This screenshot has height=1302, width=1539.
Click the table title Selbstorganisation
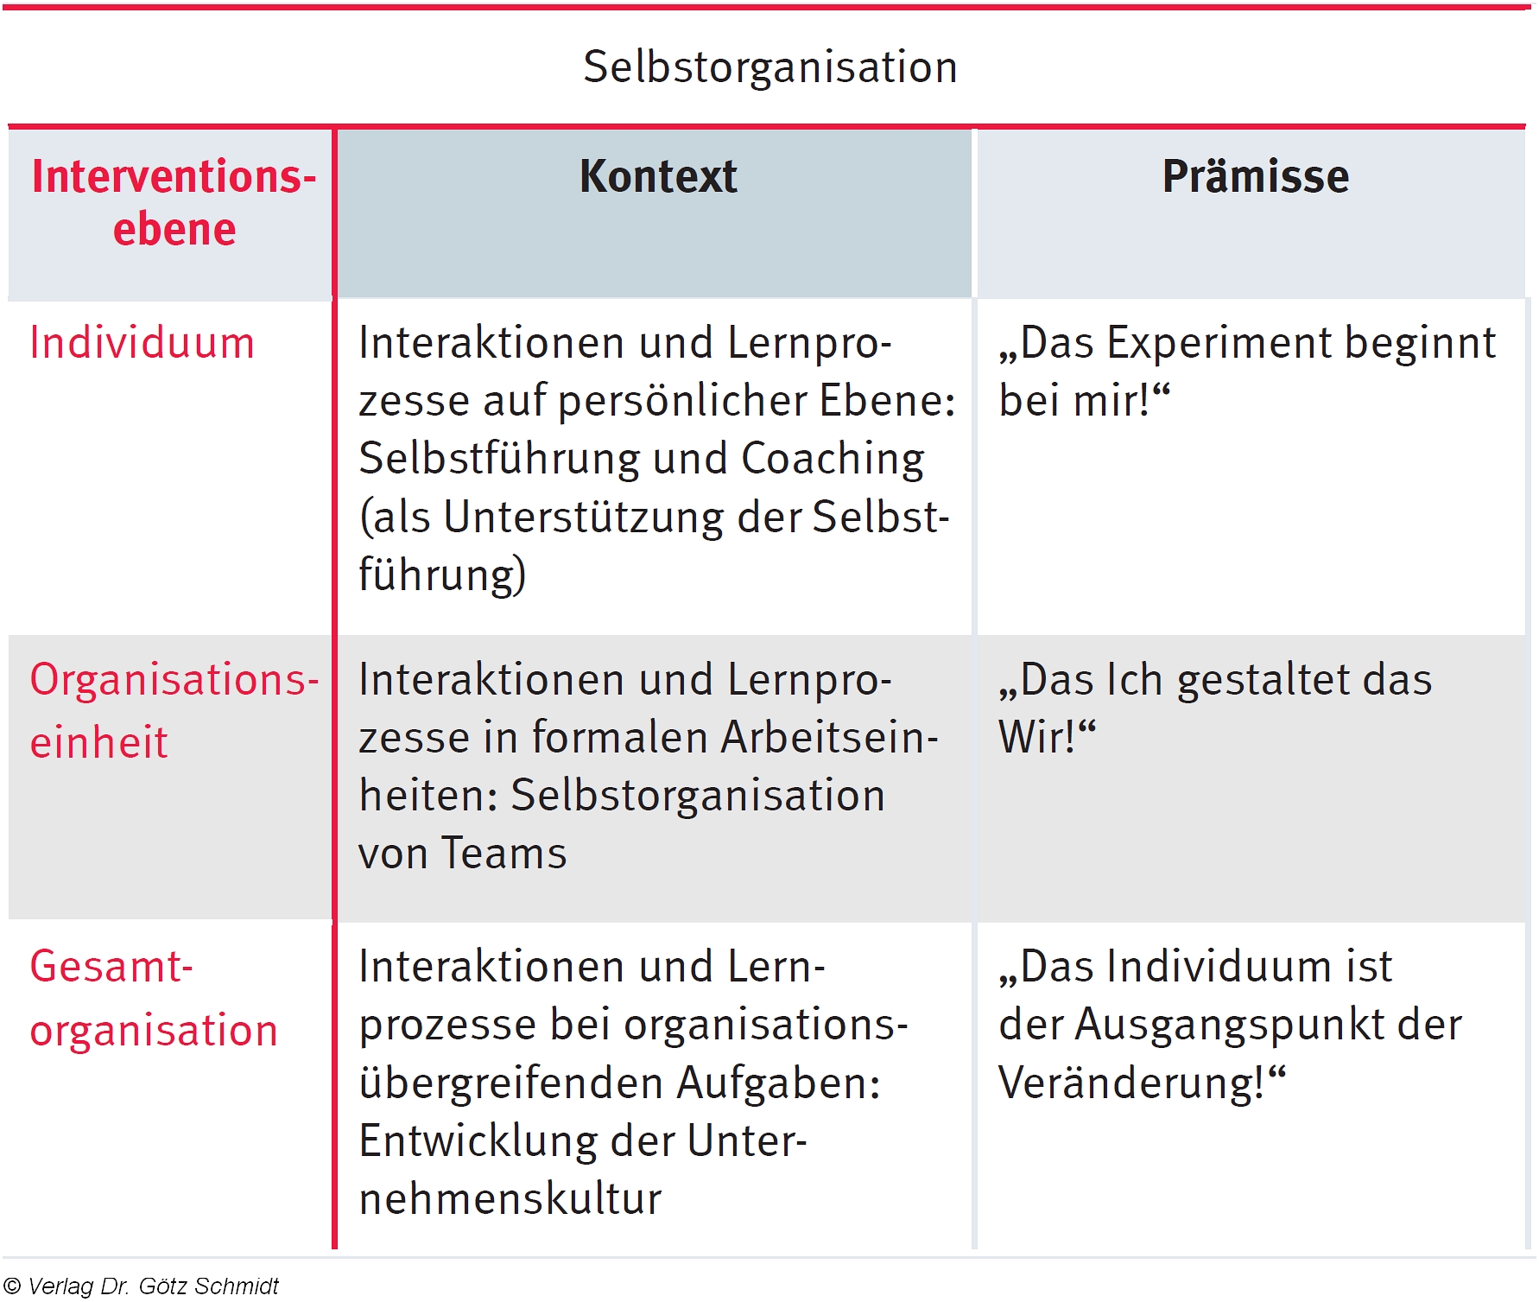[770, 67]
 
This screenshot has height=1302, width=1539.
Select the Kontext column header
[658, 176]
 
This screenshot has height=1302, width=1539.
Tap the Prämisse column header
[1256, 176]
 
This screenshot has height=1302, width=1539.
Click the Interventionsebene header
[174, 202]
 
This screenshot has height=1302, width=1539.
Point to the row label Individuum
[142, 343]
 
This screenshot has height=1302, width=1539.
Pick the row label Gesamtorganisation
[155, 998]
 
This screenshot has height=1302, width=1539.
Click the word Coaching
[833, 460]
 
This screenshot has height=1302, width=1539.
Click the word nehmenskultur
[510, 1199]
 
